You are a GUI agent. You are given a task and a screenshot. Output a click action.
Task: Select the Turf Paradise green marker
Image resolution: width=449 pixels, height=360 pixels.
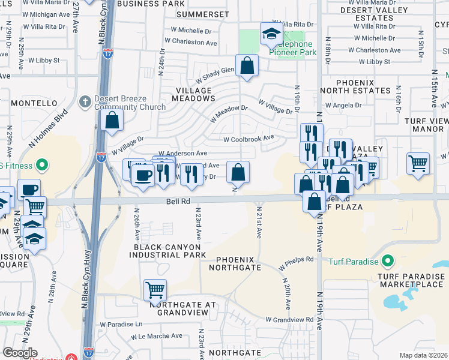[388, 261]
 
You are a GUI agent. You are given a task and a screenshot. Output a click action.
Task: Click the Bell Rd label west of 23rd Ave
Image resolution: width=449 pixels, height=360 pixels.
[178, 203]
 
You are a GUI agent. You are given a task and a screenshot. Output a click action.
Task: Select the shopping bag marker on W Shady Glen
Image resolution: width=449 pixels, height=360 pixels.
[247, 65]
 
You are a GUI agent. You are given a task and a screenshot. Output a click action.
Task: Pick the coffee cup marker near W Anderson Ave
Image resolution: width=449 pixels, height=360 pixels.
[143, 175]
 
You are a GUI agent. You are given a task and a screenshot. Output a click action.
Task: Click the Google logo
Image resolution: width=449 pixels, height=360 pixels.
[19, 353]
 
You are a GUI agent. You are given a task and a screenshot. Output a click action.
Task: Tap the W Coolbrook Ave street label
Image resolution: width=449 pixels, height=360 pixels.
[249, 139]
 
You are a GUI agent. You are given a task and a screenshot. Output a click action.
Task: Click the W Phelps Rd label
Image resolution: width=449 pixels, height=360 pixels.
[297, 263]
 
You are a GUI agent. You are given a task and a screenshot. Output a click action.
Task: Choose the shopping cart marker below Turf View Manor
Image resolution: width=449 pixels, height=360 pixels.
[418, 163]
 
